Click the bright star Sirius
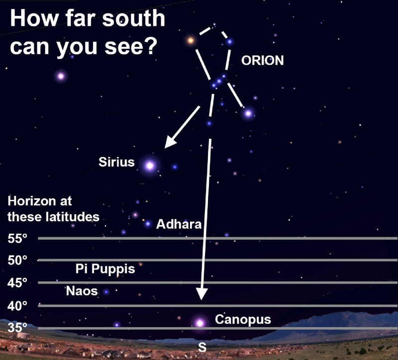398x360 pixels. (x=150, y=166)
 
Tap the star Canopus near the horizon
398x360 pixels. (x=200, y=323)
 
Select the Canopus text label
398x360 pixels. (x=243, y=320)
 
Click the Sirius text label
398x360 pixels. (x=116, y=162)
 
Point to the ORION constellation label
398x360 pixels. (x=263, y=61)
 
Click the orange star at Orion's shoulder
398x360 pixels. (x=191, y=40)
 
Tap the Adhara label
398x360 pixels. (x=179, y=224)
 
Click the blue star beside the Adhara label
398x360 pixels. (x=148, y=224)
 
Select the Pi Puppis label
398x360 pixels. (x=105, y=269)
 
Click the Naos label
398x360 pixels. (x=82, y=291)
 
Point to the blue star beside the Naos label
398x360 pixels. (x=106, y=292)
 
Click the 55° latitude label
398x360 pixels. (x=17, y=239)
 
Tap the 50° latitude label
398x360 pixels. (x=17, y=260)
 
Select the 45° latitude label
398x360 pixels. (x=17, y=282)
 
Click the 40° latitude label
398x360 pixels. (x=17, y=306)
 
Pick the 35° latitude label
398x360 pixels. (x=17, y=328)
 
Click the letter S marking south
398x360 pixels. (x=202, y=347)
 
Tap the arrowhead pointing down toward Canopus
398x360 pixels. (x=202, y=294)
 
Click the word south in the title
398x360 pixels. (x=134, y=18)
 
